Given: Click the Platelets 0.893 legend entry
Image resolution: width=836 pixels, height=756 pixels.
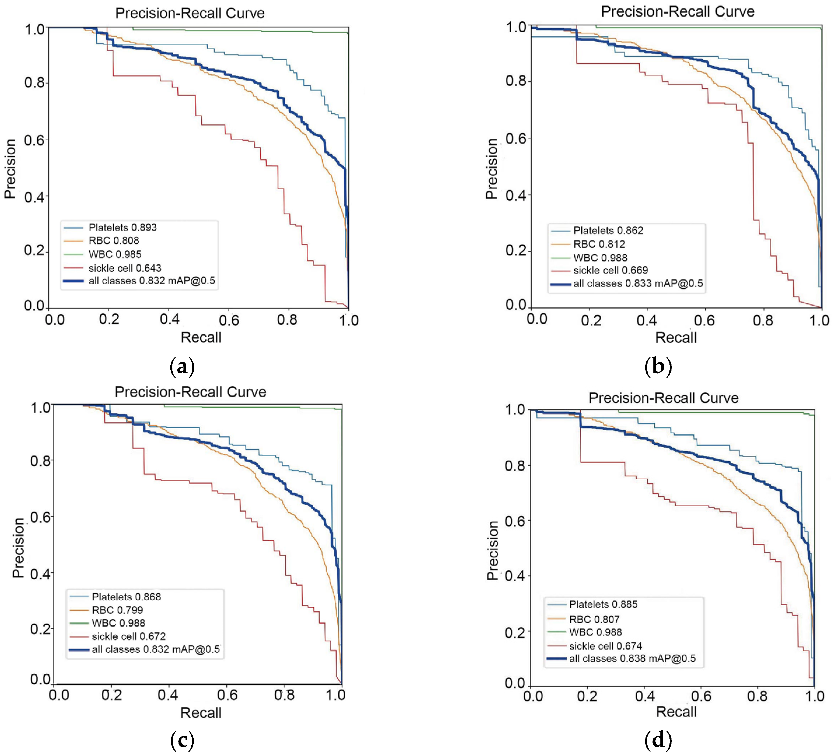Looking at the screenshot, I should click(122, 227).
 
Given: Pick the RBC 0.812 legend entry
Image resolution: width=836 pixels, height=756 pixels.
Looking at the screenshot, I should click(599, 244).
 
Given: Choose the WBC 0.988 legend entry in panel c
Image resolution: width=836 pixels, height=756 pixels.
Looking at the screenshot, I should click(118, 623).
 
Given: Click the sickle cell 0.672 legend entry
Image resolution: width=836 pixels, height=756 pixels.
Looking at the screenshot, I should click(129, 636).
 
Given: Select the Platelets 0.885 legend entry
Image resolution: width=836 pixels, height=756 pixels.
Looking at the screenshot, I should click(603, 604).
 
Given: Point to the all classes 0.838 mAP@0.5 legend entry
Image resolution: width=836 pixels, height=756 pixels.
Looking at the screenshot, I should click(632, 659).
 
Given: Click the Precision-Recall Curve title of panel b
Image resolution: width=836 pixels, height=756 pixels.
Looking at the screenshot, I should click(678, 12).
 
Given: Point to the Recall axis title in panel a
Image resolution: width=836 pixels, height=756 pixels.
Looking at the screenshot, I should click(201, 337).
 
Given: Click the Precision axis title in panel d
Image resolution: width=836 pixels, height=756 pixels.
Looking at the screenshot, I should click(492, 550).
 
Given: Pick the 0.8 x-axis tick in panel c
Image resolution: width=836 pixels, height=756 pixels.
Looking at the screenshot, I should click(284, 695).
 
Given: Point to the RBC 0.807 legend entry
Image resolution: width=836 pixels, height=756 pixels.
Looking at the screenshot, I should click(594, 619).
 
